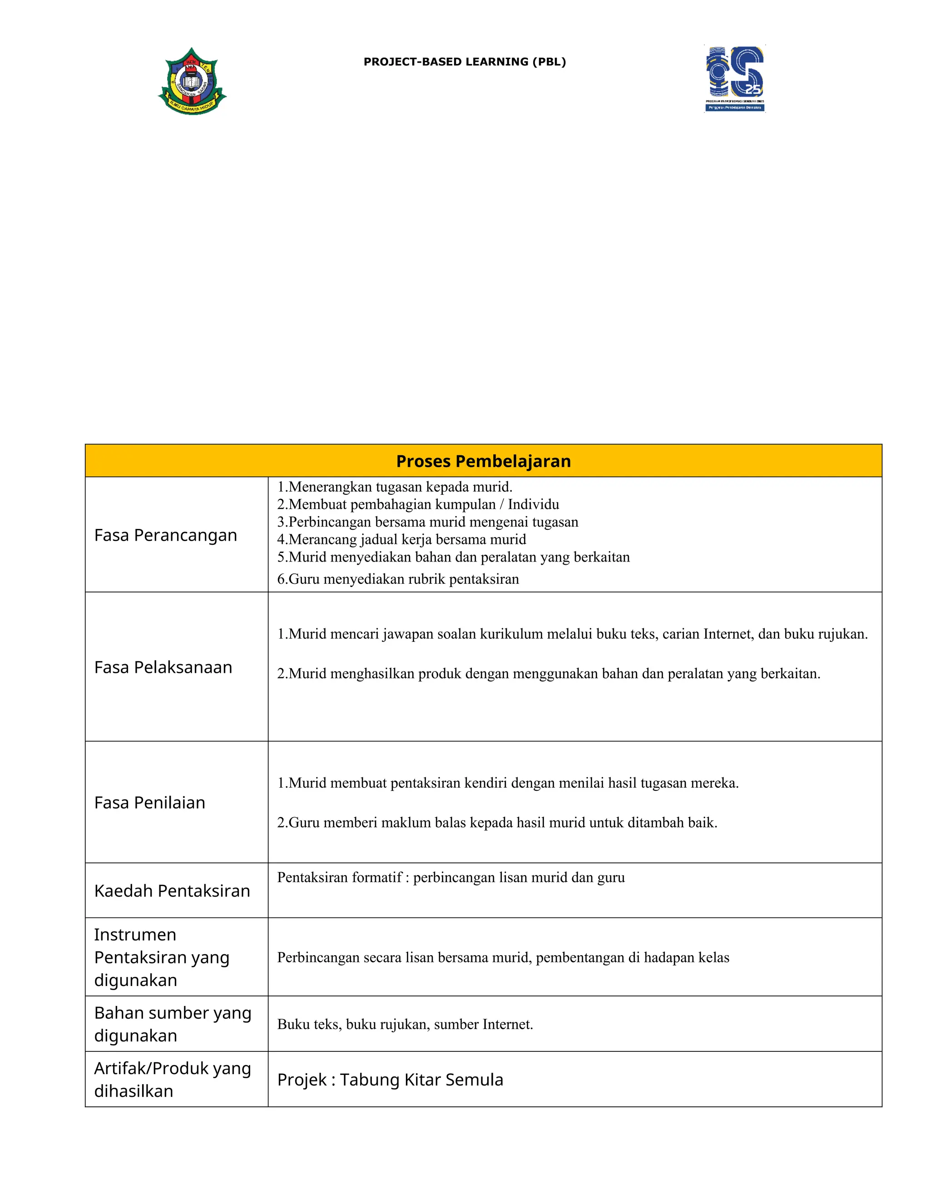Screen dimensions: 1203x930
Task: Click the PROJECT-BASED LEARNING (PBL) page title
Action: coord(465,62)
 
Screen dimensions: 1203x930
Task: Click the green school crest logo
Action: coord(192,82)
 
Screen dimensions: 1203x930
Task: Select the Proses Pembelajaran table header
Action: coord(483,461)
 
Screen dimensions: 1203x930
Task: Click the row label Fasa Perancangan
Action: coord(165,535)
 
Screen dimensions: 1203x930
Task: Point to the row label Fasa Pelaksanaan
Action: coord(163,667)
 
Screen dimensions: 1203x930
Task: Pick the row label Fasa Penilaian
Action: coord(149,803)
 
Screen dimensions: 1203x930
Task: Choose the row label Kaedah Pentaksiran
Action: coord(172,891)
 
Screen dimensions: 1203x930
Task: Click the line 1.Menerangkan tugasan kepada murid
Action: coord(395,487)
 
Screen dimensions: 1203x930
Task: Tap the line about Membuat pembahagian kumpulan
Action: coord(418,504)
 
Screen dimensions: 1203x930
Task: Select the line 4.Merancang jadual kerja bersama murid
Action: coord(401,539)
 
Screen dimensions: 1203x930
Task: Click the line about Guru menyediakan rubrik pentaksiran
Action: coord(398,579)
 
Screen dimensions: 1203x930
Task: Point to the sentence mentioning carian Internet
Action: coord(572,634)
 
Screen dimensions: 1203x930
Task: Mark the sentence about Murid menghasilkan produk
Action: coord(548,674)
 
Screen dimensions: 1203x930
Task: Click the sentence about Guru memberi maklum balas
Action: coord(497,823)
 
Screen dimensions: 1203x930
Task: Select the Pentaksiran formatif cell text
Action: coord(450,878)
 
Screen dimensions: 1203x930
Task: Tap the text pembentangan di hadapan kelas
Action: coord(633,957)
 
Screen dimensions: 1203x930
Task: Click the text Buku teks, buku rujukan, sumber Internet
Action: coord(405,1024)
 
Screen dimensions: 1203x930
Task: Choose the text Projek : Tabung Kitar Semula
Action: coord(390,1080)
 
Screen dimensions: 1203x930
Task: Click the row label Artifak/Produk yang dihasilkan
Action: coord(172,1080)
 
